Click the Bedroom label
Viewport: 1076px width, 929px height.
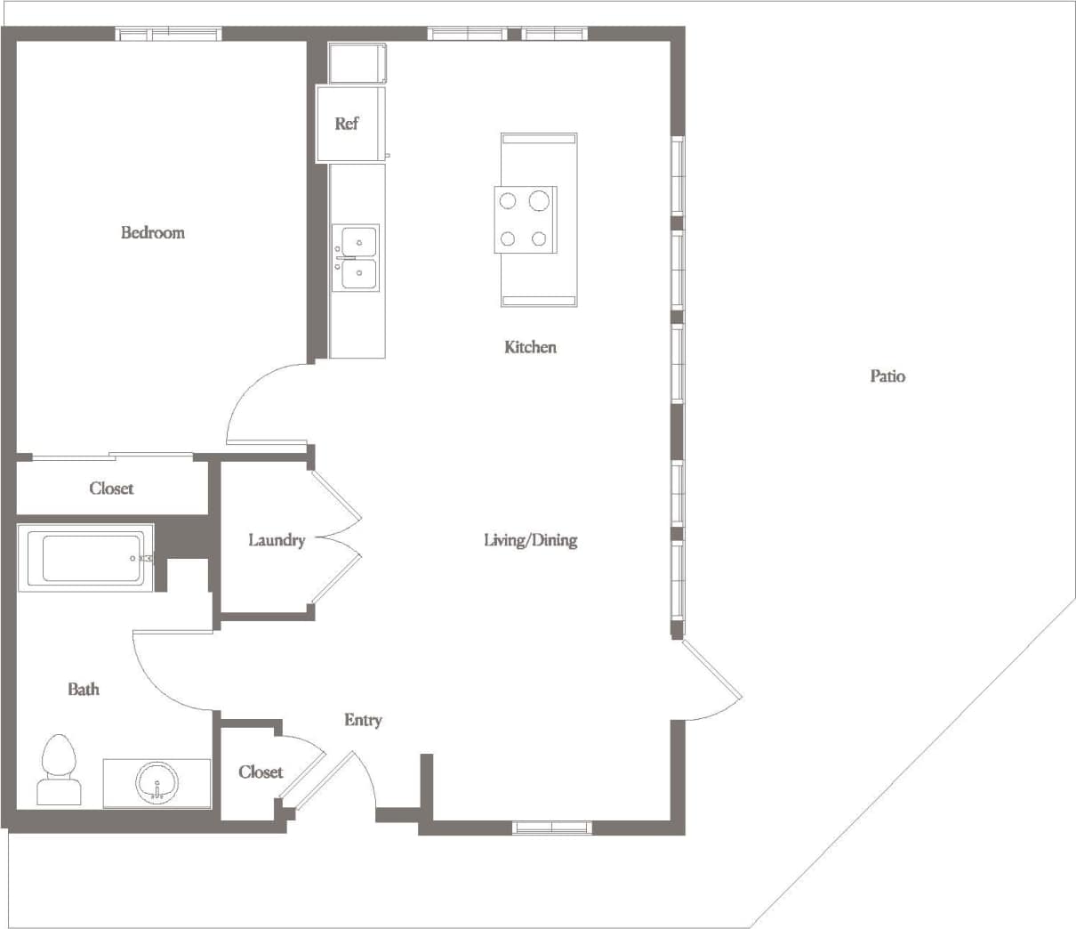(x=153, y=233)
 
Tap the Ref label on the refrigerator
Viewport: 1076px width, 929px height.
(x=346, y=124)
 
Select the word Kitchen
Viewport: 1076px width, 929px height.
(x=530, y=347)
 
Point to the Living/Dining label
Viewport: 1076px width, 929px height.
(x=530, y=540)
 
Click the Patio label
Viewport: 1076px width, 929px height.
(x=887, y=376)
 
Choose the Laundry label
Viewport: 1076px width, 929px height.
(x=276, y=540)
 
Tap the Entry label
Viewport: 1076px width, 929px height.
(x=363, y=720)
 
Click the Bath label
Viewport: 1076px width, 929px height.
(x=84, y=689)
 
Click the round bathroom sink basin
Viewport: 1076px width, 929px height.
(x=157, y=784)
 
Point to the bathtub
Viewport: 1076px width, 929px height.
(x=85, y=559)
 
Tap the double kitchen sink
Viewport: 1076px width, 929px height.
(x=357, y=258)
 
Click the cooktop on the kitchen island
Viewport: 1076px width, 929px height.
(x=525, y=220)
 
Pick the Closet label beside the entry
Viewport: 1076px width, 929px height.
(x=261, y=772)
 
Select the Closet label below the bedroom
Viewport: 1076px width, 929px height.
(x=111, y=489)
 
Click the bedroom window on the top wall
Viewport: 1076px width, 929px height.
(x=169, y=35)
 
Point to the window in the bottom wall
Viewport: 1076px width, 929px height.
(x=552, y=828)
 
